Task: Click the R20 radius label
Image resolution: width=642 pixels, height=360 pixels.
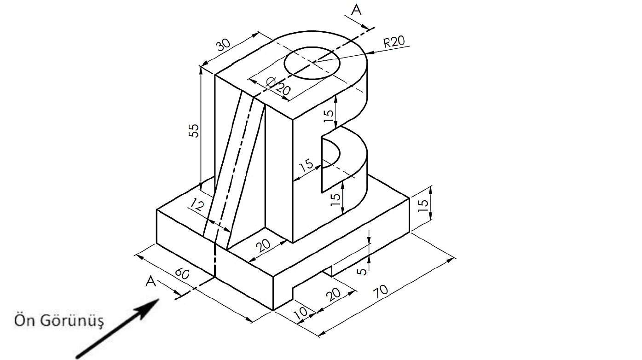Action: pyautogui.click(x=394, y=42)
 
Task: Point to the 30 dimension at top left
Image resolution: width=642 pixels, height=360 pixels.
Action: pyautogui.click(x=224, y=45)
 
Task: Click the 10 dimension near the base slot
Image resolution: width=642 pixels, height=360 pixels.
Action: pyautogui.click(x=300, y=313)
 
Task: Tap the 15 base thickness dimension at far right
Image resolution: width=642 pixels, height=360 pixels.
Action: pyautogui.click(x=425, y=203)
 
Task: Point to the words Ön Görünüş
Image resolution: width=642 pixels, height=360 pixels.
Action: pyautogui.click(x=58, y=320)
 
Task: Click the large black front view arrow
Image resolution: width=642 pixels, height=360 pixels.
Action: pyautogui.click(x=120, y=325)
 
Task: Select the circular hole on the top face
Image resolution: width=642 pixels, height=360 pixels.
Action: pyautogui.click(x=312, y=62)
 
